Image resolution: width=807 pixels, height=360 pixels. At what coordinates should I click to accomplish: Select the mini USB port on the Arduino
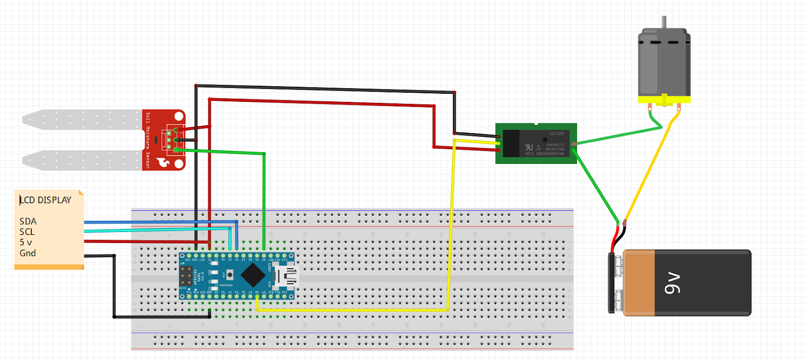(x=289, y=275)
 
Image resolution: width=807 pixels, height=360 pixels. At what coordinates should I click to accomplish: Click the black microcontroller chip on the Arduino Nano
(x=253, y=275)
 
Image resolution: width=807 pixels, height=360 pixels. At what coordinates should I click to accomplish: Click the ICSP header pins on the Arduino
(x=186, y=275)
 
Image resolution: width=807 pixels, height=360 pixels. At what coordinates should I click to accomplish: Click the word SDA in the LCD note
(x=28, y=221)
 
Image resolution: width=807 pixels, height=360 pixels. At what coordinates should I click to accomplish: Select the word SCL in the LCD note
(x=27, y=232)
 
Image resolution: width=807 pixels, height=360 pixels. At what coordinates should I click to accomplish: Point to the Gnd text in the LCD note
(x=27, y=253)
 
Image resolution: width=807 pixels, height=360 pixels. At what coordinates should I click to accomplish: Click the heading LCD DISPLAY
(x=45, y=200)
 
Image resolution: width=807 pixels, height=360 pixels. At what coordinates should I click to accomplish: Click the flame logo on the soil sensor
(x=164, y=162)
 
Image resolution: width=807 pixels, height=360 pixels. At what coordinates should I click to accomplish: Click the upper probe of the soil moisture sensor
(x=81, y=119)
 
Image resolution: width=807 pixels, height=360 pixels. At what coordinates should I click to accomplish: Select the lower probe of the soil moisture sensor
(x=81, y=160)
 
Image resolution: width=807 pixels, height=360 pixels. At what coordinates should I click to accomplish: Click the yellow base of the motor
(x=664, y=99)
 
